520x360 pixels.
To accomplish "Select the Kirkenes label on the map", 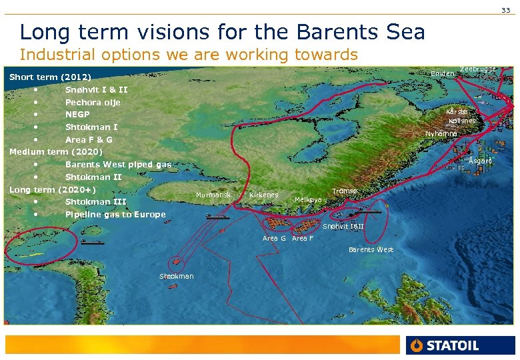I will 263,195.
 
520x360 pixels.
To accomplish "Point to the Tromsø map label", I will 345,191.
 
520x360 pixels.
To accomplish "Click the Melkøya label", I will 308,200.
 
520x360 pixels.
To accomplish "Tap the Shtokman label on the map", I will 177,277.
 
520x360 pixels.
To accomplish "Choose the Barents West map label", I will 371,250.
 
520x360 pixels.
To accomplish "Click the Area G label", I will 274,239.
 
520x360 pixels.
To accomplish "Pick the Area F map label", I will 303,239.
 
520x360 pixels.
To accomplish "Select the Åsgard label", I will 480,161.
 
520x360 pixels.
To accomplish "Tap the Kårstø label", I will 457,112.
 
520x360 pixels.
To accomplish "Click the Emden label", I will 443,73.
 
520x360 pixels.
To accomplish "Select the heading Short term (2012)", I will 50,77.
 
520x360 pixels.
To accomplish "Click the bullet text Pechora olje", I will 93,102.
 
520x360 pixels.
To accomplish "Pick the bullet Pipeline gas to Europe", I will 115,215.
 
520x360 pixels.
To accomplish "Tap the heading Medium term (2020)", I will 56,152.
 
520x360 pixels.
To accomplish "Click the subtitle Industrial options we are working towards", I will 189,54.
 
